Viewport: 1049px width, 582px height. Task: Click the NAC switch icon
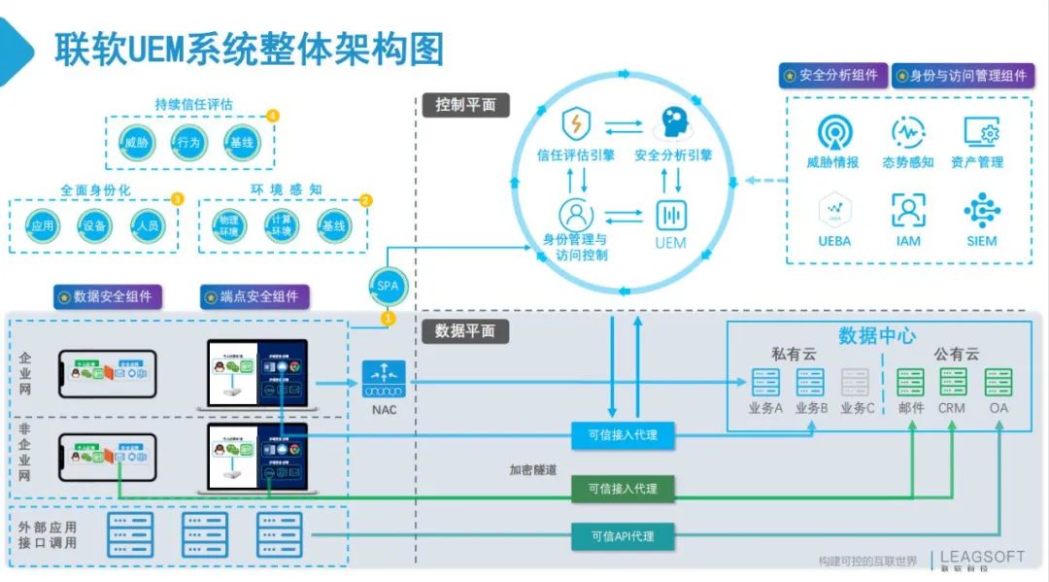[384, 380]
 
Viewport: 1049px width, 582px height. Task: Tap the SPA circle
[388, 286]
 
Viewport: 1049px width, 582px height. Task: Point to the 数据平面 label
[465, 331]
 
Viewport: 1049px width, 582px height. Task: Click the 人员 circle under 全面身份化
[147, 225]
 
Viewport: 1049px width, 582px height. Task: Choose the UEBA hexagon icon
[833, 209]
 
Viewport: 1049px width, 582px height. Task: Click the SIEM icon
[981, 210]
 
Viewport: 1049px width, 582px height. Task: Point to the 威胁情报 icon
[833, 133]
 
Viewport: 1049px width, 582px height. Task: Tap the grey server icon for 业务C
[857, 382]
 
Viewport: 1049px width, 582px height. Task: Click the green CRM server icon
[952, 382]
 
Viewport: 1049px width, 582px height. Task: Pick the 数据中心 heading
[877, 335]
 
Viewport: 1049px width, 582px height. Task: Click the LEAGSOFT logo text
[982, 557]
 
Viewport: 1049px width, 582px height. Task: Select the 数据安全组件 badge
[108, 296]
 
